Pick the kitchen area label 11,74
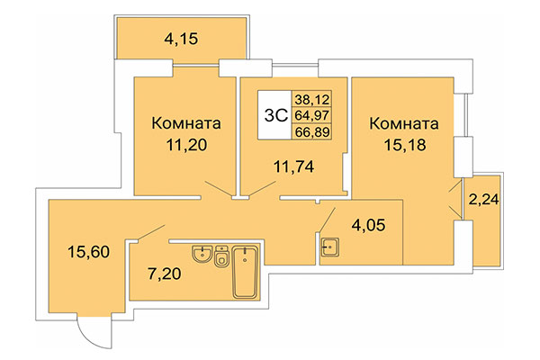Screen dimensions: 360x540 click(290, 164)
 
